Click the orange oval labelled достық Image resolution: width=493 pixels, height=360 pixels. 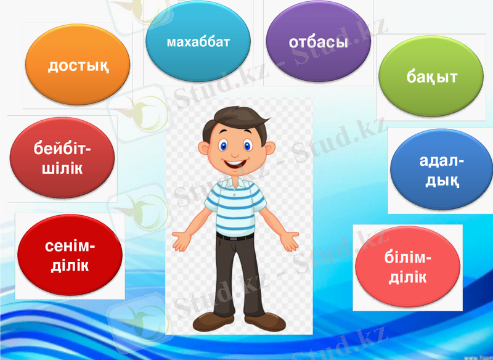click(x=78, y=65)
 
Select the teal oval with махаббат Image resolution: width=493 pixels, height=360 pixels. click(x=198, y=41)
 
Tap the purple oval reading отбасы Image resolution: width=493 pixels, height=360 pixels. click(x=319, y=41)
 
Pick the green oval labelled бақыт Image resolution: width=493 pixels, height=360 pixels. click(x=431, y=76)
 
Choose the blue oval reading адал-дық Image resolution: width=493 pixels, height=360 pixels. click(x=441, y=170)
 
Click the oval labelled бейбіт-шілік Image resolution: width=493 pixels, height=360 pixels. click(x=62, y=158)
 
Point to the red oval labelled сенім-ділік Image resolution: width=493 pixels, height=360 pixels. click(x=70, y=255)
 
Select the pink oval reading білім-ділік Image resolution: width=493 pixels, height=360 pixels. click(x=408, y=266)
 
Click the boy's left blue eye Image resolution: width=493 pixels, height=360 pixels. click(x=223, y=145)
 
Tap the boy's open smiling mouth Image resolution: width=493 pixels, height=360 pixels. click(x=234, y=164)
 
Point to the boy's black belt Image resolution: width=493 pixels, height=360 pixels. click(x=235, y=237)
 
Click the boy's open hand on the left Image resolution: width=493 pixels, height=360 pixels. click(x=182, y=240)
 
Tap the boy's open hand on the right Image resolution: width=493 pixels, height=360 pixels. click(x=289, y=241)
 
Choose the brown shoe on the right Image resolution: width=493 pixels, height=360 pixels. click(x=265, y=322)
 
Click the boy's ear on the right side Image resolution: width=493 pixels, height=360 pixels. click(x=270, y=148)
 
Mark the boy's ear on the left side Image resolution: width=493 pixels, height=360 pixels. click(x=203, y=148)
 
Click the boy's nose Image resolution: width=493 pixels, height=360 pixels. click(x=235, y=154)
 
